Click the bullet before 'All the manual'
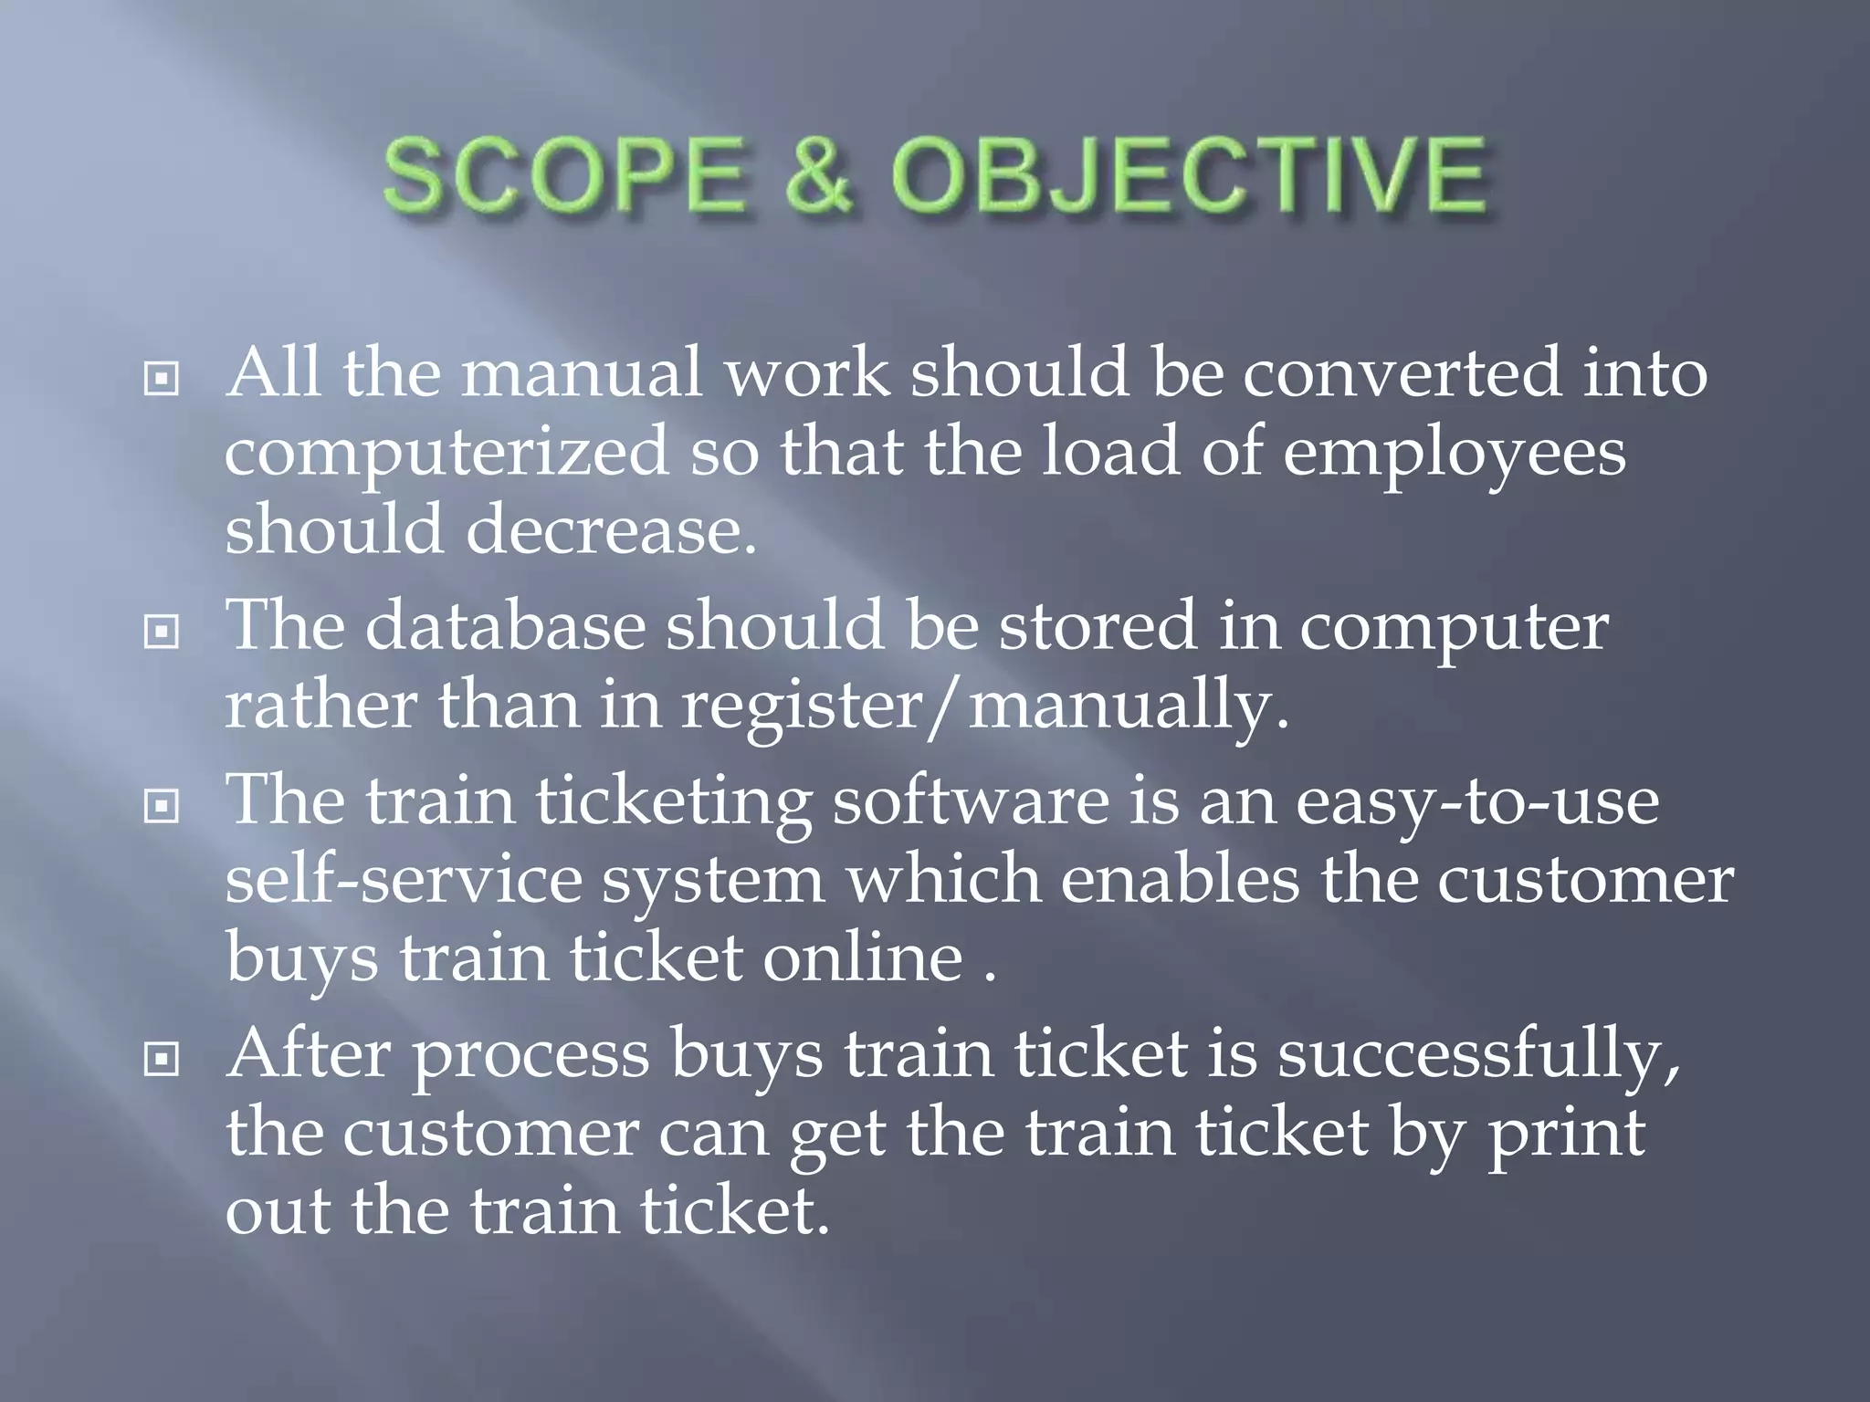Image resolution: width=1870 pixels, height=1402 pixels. pyautogui.click(x=161, y=378)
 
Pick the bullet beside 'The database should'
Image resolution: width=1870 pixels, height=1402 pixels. pyautogui.click(x=161, y=631)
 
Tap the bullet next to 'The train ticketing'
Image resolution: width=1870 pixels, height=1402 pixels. pyautogui.click(x=161, y=805)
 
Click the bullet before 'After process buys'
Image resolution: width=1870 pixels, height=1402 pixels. pyautogui.click(x=161, y=1059)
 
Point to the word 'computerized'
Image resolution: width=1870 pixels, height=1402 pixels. pyautogui.click(x=446, y=454)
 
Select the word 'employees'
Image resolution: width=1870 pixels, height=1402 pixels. pyautogui.click(x=1454, y=454)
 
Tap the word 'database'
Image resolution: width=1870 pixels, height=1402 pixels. pyautogui.click(x=505, y=627)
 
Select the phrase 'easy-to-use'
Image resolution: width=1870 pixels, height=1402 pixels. pyautogui.click(x=1476, y=801)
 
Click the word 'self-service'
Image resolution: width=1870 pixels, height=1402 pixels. pyautogui.click(x=403, y=880)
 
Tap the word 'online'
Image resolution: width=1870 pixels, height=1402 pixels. pyautogui.click(x=863, y=958)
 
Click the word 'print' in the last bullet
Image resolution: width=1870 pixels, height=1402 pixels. pyautogui.click(x=1566, y=1133)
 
